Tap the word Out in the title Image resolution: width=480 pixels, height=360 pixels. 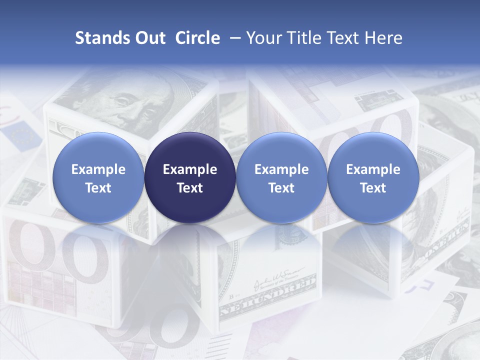point(149,38)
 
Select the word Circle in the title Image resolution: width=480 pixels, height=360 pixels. point(197,38)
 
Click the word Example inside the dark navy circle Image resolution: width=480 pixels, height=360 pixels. point(190,169)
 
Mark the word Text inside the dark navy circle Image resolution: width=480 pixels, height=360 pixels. point(190,188)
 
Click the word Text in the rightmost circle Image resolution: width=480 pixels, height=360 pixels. point(373,188)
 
